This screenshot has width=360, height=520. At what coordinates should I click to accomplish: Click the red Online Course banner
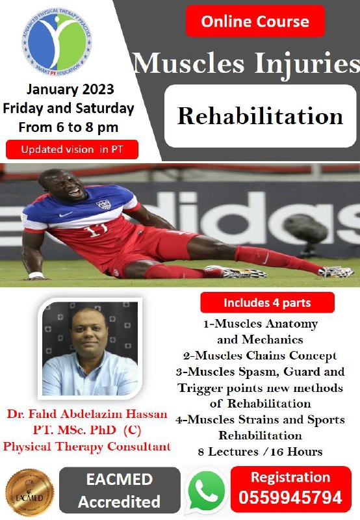click(255, 21)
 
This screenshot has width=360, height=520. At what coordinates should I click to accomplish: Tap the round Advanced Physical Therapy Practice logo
click(57, 42)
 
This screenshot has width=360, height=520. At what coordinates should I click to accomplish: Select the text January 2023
click(70, 90)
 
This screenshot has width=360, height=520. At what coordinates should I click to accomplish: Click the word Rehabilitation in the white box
click(260, 116)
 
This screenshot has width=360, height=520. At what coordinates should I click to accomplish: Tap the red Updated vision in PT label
click(72, 149)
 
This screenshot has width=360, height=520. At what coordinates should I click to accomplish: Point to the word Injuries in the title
click(307, 63)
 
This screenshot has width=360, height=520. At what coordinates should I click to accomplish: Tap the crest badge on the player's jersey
click(103, 204)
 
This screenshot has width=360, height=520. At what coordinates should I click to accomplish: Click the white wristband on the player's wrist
click(36, 275)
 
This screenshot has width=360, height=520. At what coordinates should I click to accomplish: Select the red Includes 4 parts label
click(267, 302)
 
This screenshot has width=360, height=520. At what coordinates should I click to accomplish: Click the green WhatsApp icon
click(206, 491)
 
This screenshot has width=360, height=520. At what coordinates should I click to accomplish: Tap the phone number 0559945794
click(290, 497)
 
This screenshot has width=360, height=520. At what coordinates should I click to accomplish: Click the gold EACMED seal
click(30, 493)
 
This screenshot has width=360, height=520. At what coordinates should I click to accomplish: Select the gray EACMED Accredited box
click(120, 490)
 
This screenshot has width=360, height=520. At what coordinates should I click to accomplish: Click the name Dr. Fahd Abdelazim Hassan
click(87, 414)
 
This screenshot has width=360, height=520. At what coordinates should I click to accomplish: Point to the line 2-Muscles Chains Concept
click(260, 356)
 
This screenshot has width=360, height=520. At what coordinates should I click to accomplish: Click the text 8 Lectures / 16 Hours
click(260, 452)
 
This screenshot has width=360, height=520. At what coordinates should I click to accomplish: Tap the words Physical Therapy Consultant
click(87, 447)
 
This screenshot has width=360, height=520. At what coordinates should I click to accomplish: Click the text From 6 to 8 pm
click(68, 127)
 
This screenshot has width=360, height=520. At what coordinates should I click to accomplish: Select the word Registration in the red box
click(290, 477)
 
